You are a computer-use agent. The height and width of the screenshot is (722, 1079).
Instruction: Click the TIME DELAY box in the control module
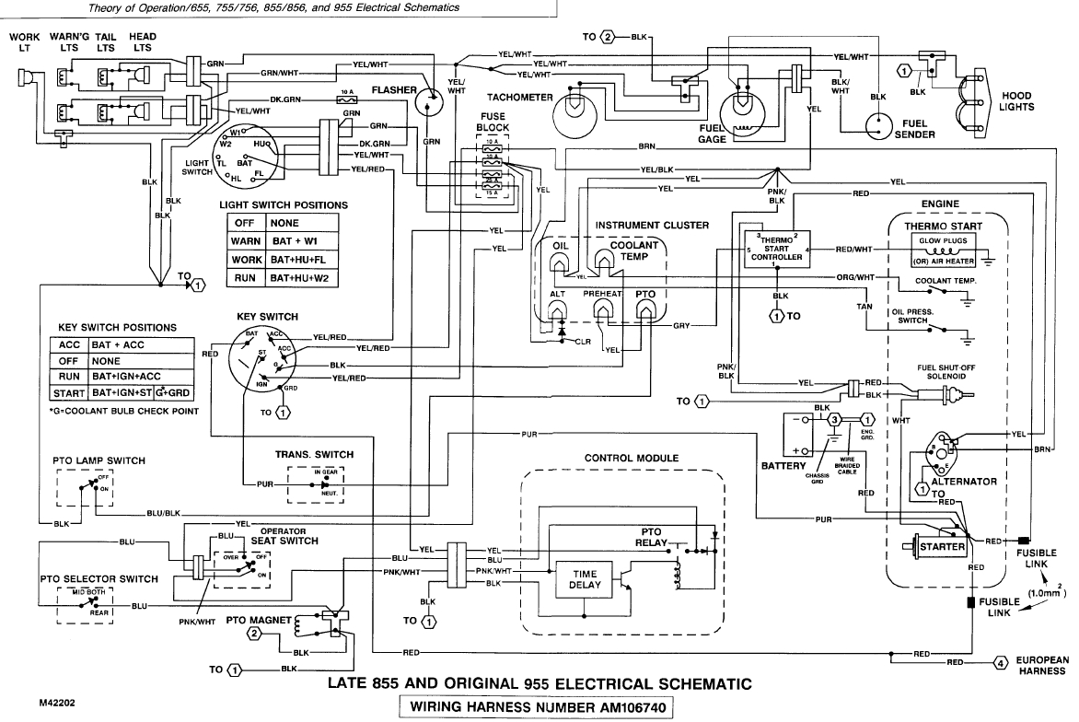(x=586, y=579)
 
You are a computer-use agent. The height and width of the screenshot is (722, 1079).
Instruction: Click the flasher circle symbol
(x=429, y=100)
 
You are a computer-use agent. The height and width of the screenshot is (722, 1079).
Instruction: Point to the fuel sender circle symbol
(x=879, y=124)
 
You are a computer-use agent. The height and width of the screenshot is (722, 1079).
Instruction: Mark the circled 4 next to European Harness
(x=1001, y=662)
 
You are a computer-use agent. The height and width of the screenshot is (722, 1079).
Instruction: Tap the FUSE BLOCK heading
(x=493, y=122)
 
